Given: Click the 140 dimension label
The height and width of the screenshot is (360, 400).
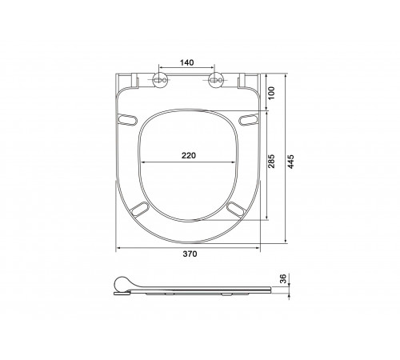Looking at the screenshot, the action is (x=186, y=62).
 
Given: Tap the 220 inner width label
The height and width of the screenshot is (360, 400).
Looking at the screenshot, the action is (x=189, y=155).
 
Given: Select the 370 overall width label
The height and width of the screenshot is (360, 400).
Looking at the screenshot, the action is (x=190, y=254).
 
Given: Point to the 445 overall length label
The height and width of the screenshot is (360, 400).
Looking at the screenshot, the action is (x=290, y=162).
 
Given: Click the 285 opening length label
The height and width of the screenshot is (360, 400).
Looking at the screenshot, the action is (x=271, y=161).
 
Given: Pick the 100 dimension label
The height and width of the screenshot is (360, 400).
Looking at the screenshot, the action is (x=271, y=93).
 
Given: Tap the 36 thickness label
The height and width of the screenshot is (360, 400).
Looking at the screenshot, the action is (x=283, y=278).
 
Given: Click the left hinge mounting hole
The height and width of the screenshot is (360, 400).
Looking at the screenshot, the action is (x=159, y=80).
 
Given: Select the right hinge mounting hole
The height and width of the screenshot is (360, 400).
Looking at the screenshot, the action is (x=216, y=80).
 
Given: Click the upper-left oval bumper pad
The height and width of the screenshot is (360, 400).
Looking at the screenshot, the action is (x=127, y=119).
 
